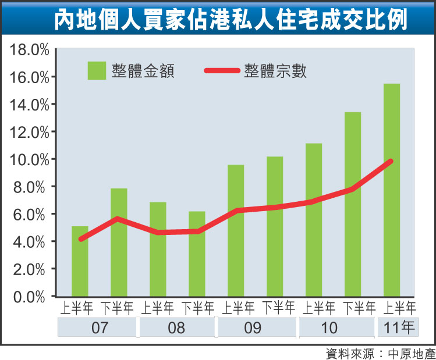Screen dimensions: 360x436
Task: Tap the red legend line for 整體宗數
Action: (222, 70)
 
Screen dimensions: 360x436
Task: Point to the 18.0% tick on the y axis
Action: (29, 49)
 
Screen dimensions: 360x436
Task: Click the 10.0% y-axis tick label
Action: (29, 159)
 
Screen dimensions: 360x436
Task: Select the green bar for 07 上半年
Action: (80, 261)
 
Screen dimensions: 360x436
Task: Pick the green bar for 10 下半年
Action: (353, 204)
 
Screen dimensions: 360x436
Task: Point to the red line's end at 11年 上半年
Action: (391, 161)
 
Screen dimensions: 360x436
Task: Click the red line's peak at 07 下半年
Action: (118, 219)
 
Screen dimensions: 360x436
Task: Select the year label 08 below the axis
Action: (176, 327)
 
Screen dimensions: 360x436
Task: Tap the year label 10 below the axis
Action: (329, 327)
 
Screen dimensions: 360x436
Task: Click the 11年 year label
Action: (398, 327)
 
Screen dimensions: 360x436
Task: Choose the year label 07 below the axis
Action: (99, 327)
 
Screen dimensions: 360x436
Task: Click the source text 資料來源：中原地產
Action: (378, 352)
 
